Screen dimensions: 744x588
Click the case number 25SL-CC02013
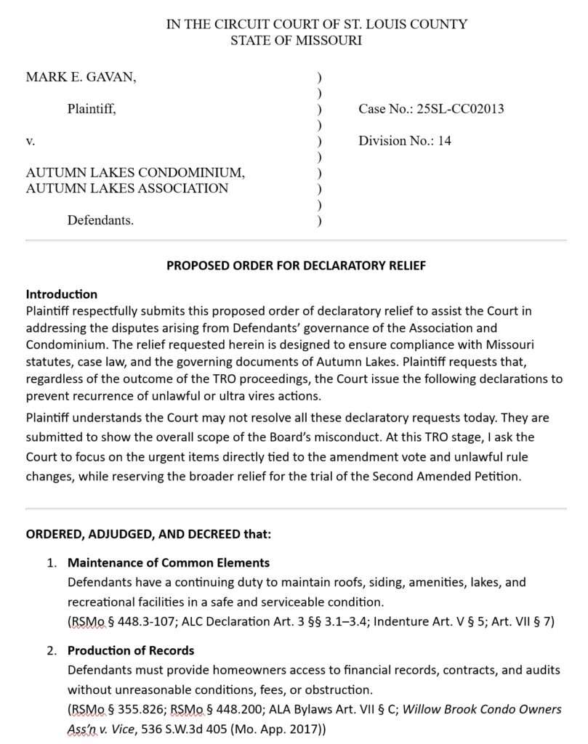(461, 110)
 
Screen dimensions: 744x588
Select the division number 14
(444, 141)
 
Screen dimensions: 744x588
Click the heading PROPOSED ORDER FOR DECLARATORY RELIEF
(297, 266)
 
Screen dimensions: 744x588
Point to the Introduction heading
(62, 294)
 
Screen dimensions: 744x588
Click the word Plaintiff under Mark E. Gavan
(91, 110)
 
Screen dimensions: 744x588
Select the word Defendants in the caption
(100, 220)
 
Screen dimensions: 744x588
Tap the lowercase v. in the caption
(31, 141)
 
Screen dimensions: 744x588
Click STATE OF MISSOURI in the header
(296, 41)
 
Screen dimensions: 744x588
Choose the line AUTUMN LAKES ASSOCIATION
(127, 188)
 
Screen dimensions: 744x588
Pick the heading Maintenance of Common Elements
(169, 562)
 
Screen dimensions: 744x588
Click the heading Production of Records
(131, 650)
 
